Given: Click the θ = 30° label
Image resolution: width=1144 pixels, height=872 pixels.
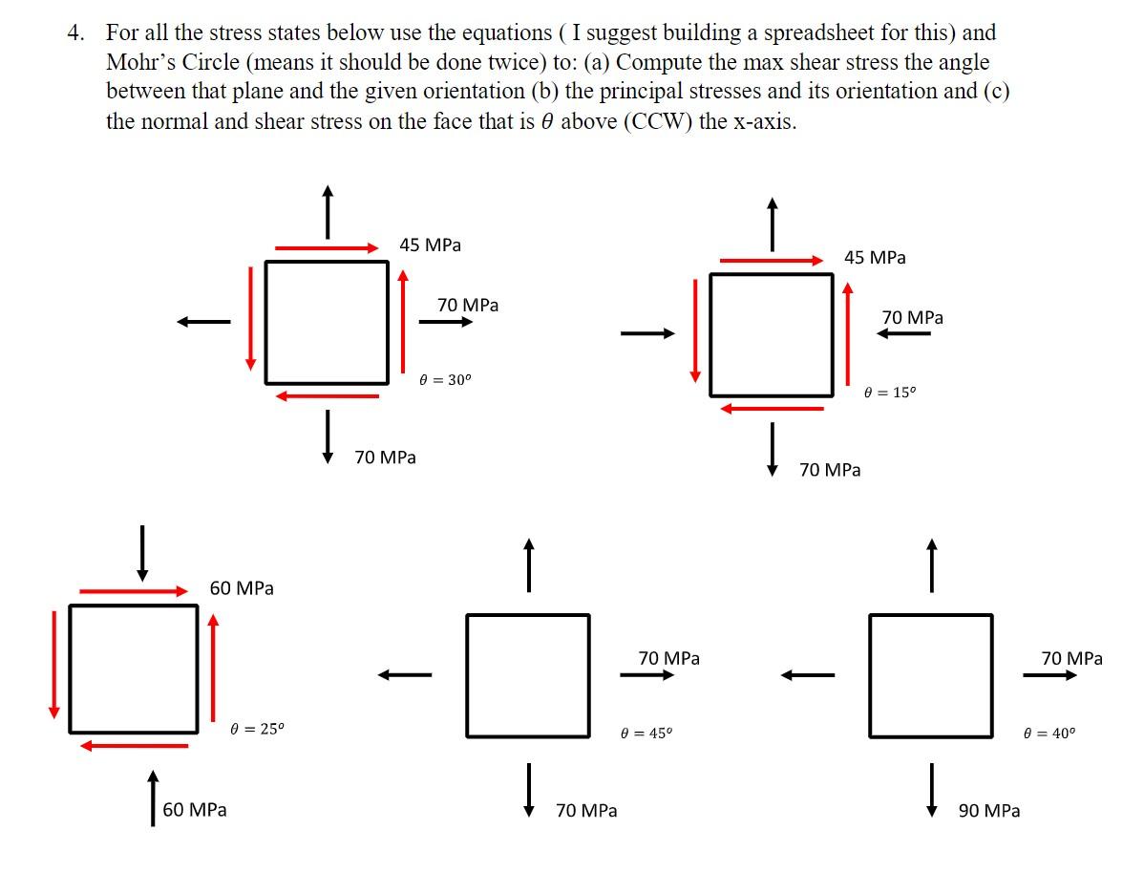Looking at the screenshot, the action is pos(445,379).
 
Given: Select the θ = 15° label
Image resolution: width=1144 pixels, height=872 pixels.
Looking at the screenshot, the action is pos(889,392).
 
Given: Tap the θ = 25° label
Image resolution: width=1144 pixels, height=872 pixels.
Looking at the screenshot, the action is pos(257,729).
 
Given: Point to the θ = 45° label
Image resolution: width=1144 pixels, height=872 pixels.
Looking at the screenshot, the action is pos(646,734).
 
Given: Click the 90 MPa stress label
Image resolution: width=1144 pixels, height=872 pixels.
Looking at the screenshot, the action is pos(989,811).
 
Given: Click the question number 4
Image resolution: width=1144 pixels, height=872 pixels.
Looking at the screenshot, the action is pos(74,32).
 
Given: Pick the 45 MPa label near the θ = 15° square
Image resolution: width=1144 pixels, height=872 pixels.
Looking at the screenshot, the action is pos(876,258).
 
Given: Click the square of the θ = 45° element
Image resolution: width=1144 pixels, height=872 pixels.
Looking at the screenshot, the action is pos(528,675).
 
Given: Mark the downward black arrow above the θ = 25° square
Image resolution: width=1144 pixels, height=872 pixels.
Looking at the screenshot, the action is pos(142,553).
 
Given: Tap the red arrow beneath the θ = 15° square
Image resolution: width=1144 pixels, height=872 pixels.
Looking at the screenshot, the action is pos(772,408).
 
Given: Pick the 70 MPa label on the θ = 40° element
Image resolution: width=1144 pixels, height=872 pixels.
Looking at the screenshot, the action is pos(1071,658).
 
